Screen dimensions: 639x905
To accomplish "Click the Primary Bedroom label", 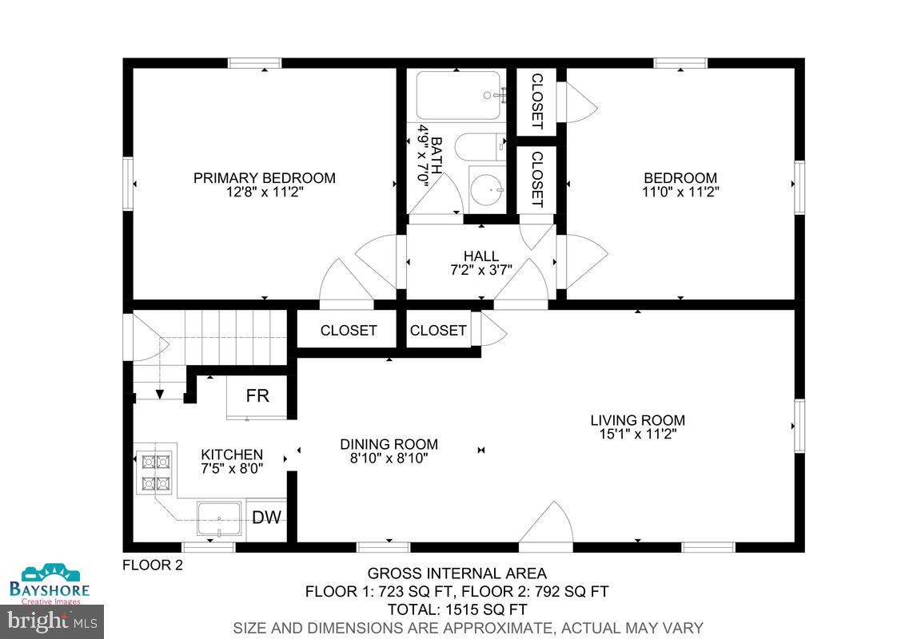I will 264,178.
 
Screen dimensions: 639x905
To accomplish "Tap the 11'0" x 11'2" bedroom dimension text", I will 680,192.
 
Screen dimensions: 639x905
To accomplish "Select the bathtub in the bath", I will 458,95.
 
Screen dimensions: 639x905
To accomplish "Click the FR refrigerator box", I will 257,396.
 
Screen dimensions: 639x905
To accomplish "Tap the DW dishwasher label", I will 266,518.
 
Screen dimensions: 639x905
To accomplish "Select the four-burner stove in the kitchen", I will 157,471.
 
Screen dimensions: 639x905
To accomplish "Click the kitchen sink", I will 219,520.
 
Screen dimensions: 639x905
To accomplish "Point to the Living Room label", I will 637,420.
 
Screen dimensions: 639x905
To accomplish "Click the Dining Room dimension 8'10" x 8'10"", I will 389,458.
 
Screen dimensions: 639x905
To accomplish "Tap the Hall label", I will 480,256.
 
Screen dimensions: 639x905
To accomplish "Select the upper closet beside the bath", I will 536,101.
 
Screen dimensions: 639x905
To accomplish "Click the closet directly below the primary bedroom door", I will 349,330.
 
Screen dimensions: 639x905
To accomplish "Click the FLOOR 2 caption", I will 153,566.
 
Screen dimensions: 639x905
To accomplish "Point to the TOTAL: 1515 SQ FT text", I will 456,609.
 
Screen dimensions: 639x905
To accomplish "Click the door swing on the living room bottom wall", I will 547,526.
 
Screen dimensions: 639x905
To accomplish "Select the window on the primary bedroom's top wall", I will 254,63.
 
